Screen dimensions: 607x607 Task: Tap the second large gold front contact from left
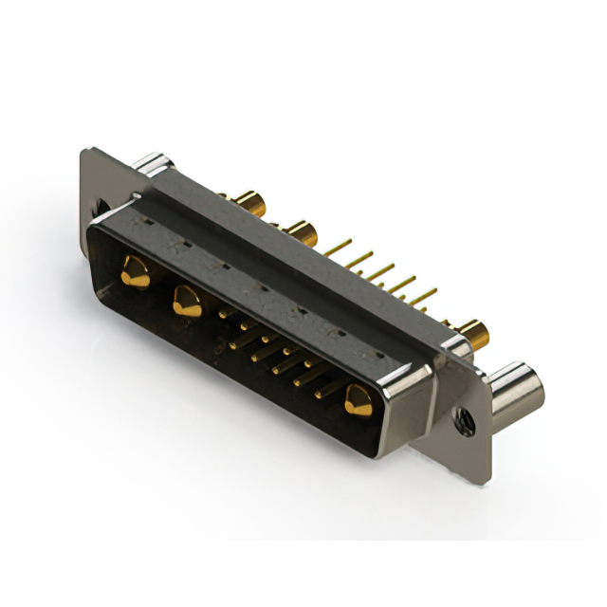(x=186, y=302)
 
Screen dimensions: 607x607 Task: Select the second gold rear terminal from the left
(x=301, y=230)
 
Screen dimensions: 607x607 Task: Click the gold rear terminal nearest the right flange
(x=472, y=332)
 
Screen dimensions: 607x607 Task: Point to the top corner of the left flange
(x=87, y=149)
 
